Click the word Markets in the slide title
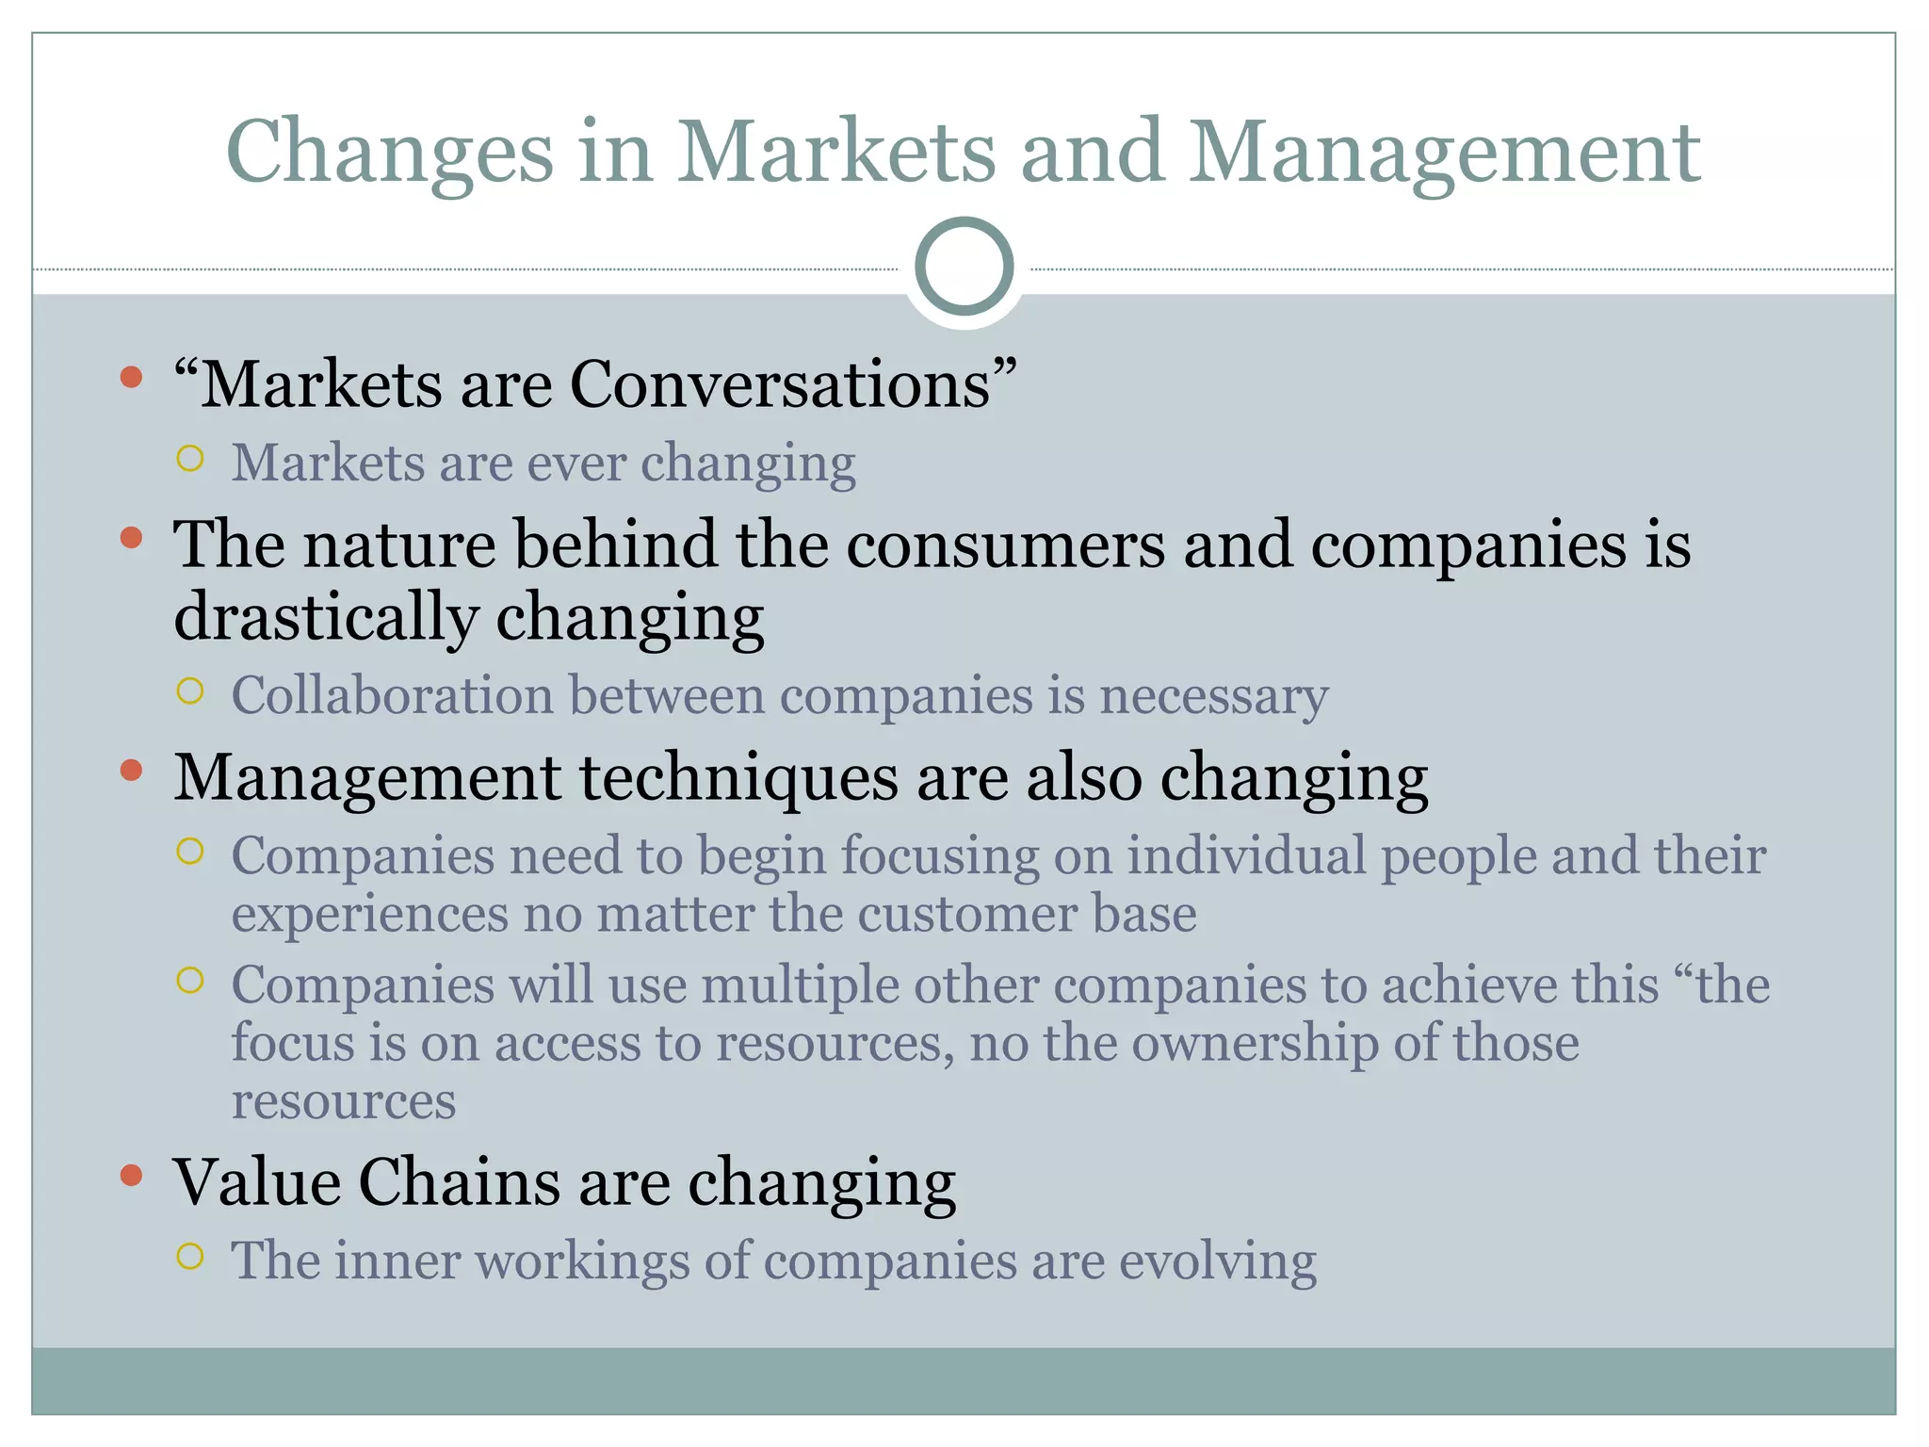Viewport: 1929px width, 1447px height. click(x=835, y=153)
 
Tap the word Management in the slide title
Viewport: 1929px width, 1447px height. click(x=1444, y=153)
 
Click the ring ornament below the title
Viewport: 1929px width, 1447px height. click(x=964, y=267)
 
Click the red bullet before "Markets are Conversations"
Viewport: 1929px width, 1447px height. click(x=132, y=379)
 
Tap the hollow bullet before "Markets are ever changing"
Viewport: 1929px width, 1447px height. click(x=190, y=460)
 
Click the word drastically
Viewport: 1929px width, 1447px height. click(x=326, y=617)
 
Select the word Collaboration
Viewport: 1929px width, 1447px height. click(x=393, y=696)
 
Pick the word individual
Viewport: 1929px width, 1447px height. click(x=1246, y=856)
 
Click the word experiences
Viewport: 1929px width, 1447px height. click(x=369, y=915)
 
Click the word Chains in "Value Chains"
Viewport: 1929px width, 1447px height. click(x=459, y=1182)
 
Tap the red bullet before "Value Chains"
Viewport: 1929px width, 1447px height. click(x=132, y=1176)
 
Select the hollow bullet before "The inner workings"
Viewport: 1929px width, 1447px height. click(x=190, y=1257)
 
